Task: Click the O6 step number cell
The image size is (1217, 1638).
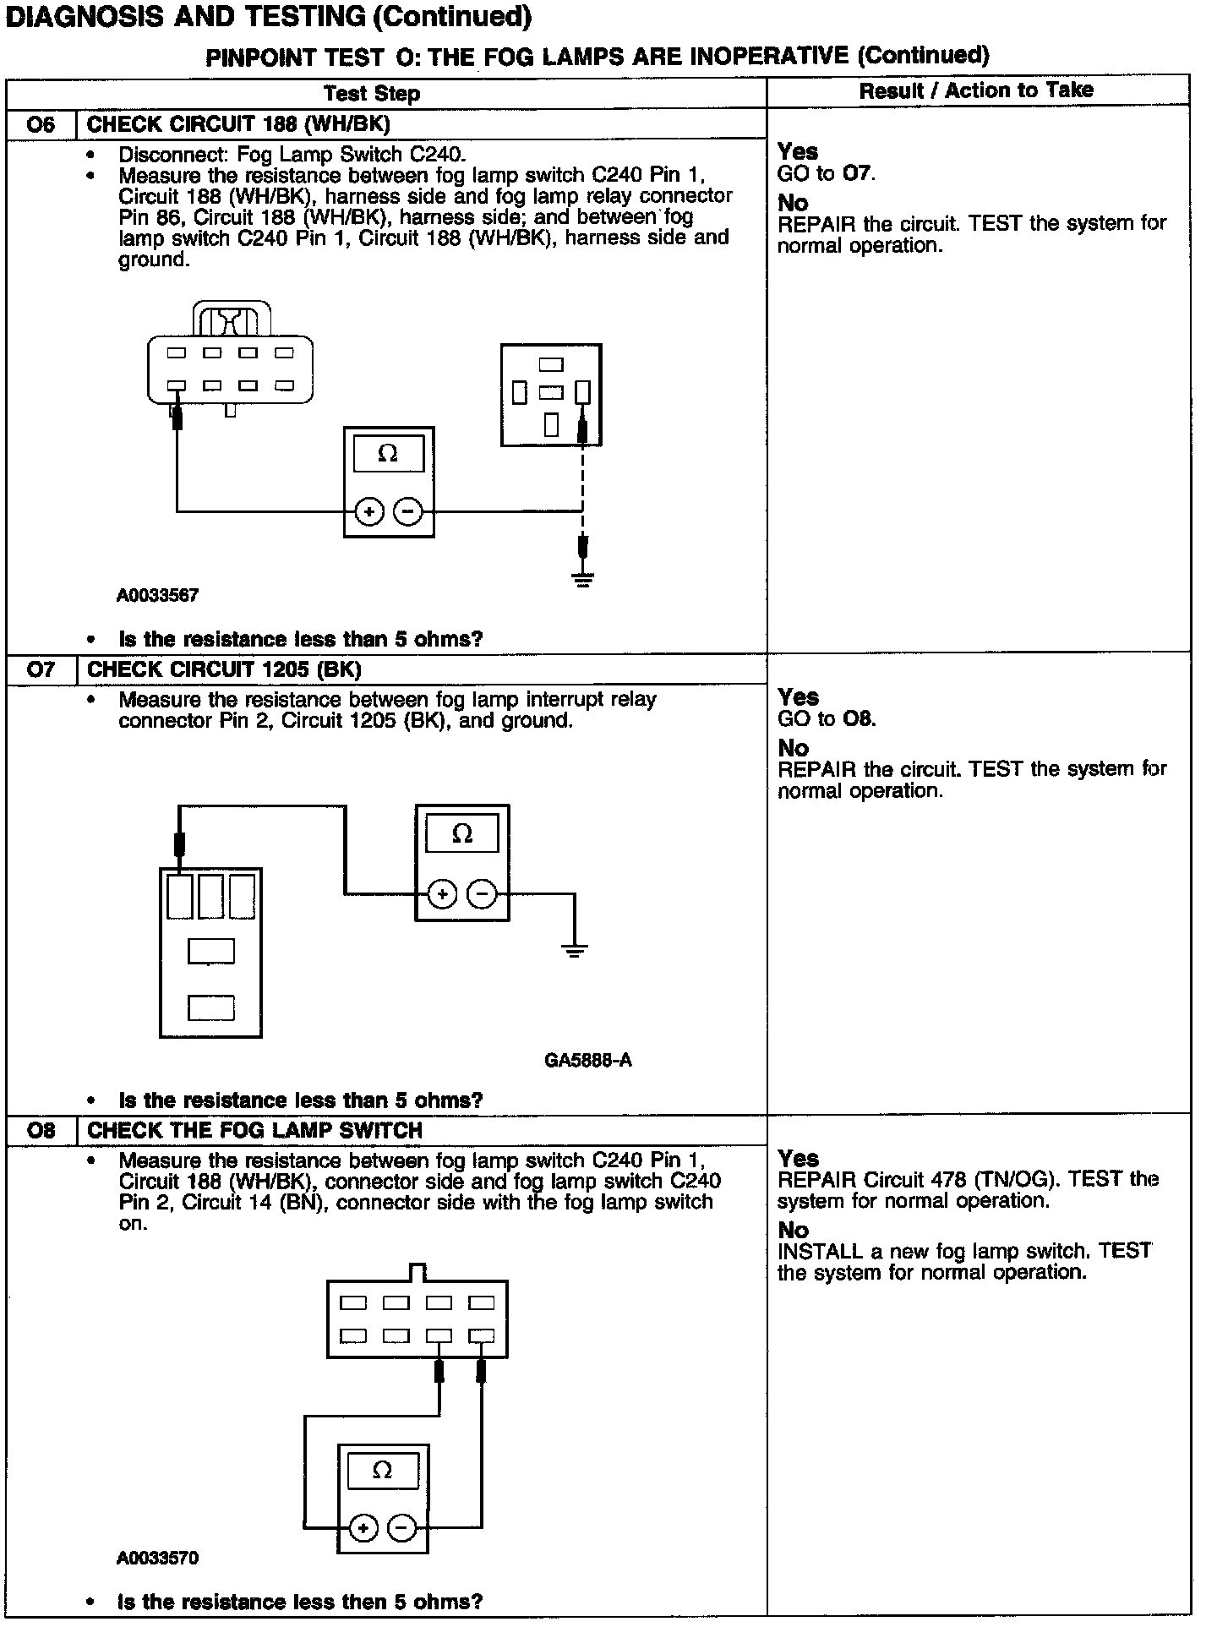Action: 41,125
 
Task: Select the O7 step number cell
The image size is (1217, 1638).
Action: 41,670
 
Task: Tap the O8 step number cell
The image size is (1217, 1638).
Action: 41,1130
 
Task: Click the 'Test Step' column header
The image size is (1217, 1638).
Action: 372,94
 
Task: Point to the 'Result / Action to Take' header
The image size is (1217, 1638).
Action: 976,91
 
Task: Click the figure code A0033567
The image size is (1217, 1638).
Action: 158,595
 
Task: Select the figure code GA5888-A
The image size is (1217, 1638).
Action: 588,1060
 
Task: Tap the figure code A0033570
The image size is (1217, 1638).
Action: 158,1558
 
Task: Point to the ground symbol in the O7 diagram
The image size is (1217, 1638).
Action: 575,952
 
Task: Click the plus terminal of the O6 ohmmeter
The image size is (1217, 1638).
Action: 369,511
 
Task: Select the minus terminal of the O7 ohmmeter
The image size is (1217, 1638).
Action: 482,893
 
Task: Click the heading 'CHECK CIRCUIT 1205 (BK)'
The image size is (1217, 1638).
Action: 224,670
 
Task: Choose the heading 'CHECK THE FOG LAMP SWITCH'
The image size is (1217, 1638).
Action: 254,1130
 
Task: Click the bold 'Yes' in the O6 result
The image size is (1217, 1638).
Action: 798,151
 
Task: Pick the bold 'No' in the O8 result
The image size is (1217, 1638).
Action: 793,1230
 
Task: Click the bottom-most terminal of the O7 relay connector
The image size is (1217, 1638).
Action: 210,1008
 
